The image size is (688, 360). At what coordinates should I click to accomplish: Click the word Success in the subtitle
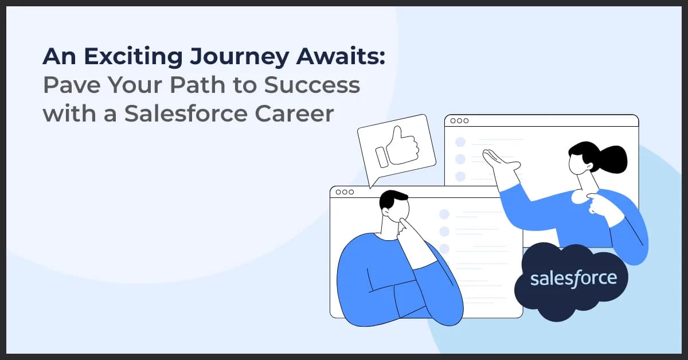coord(312,85)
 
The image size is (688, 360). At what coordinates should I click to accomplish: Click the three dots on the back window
coord(459,121)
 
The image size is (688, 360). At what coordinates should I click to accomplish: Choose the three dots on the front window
coord(345,192)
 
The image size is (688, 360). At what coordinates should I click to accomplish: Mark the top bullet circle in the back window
coord(460,142)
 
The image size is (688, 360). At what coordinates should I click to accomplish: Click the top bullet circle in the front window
coord(444,214)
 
